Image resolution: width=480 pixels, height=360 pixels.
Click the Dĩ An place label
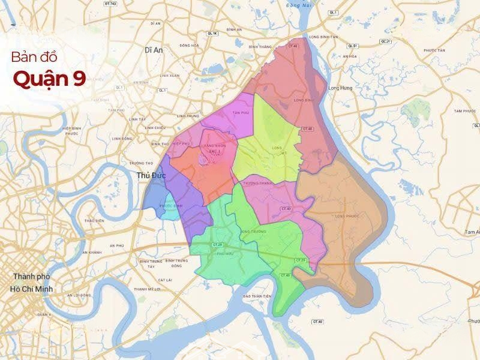pos(154,50)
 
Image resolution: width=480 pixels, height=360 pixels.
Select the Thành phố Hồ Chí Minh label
pos(32,283)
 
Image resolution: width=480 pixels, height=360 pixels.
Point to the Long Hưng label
pos(340,88)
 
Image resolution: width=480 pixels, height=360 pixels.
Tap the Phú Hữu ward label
pos(225,253)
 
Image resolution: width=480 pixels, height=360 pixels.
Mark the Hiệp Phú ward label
pos(181,144)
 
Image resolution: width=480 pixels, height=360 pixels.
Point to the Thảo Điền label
pos(94,221)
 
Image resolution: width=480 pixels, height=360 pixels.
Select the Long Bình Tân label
pos(323,37)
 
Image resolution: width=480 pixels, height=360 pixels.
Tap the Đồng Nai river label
pos(310,5)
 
